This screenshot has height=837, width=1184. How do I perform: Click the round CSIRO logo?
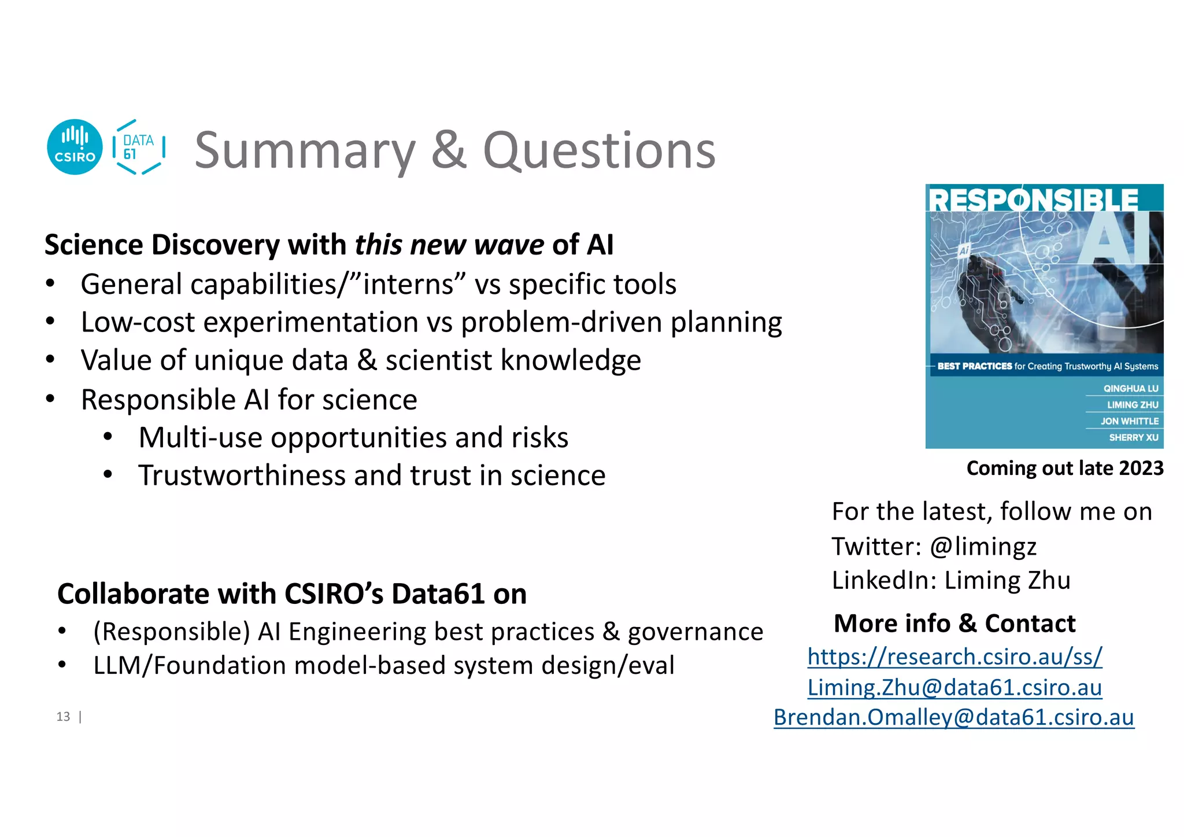tap(75, 147)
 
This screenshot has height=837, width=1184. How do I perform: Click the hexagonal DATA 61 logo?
tap(139, 147)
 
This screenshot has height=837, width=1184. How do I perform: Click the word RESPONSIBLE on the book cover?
tap(1033, 200)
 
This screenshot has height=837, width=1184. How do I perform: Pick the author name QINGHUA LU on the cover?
tap(1130, 389)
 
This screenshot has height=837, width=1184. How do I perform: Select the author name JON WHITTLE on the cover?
tap(1129, 421)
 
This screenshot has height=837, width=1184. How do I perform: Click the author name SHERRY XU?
tap(1133, 437)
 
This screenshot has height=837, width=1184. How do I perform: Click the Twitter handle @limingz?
tap(983, 546)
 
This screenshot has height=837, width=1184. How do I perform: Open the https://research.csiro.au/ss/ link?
tap(954, 657)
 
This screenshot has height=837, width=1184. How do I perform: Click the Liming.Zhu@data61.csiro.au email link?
tap(954, 687)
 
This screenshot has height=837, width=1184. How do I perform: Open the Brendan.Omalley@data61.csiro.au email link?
tap(954, 717)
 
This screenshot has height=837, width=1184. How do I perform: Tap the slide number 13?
tap(63, 717)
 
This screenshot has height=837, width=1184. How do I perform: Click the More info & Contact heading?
tap(954, 624)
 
